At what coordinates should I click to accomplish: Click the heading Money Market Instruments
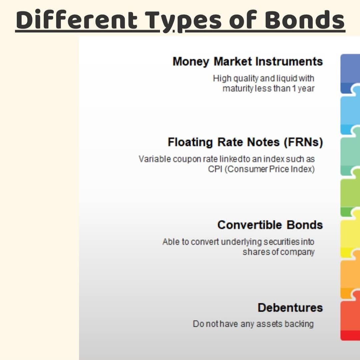tap(248, 62)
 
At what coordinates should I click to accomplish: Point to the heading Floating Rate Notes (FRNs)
tap(245, 142)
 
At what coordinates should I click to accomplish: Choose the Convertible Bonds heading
tap(270, 225)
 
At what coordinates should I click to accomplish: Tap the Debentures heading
tap(290, 307)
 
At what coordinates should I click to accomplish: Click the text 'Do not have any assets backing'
tap(253, 324)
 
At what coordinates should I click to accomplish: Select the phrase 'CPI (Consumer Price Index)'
tap(261, 169)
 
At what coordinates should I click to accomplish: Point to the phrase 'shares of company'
tap(278, 252)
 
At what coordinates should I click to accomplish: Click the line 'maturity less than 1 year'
tap(268, 88)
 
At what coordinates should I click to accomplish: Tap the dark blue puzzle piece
tap(350, 73)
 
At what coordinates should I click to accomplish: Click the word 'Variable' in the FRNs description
tap(155, 159)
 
